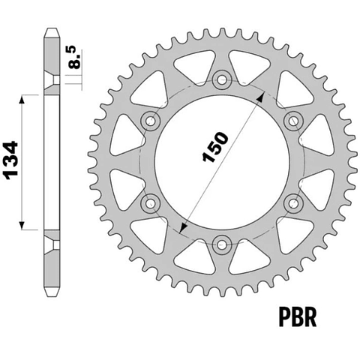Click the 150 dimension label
(x=215, y=147)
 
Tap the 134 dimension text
(x=10, y=160)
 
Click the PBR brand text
(x=298, y=318)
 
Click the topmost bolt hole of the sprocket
(x=221, y=80)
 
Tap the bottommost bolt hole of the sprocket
(x=221, y=244)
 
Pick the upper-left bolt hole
(x=150, y=121)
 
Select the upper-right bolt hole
(x=293, y=121)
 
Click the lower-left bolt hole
(x=150, y=203)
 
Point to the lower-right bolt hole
(x=293, y=203)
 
